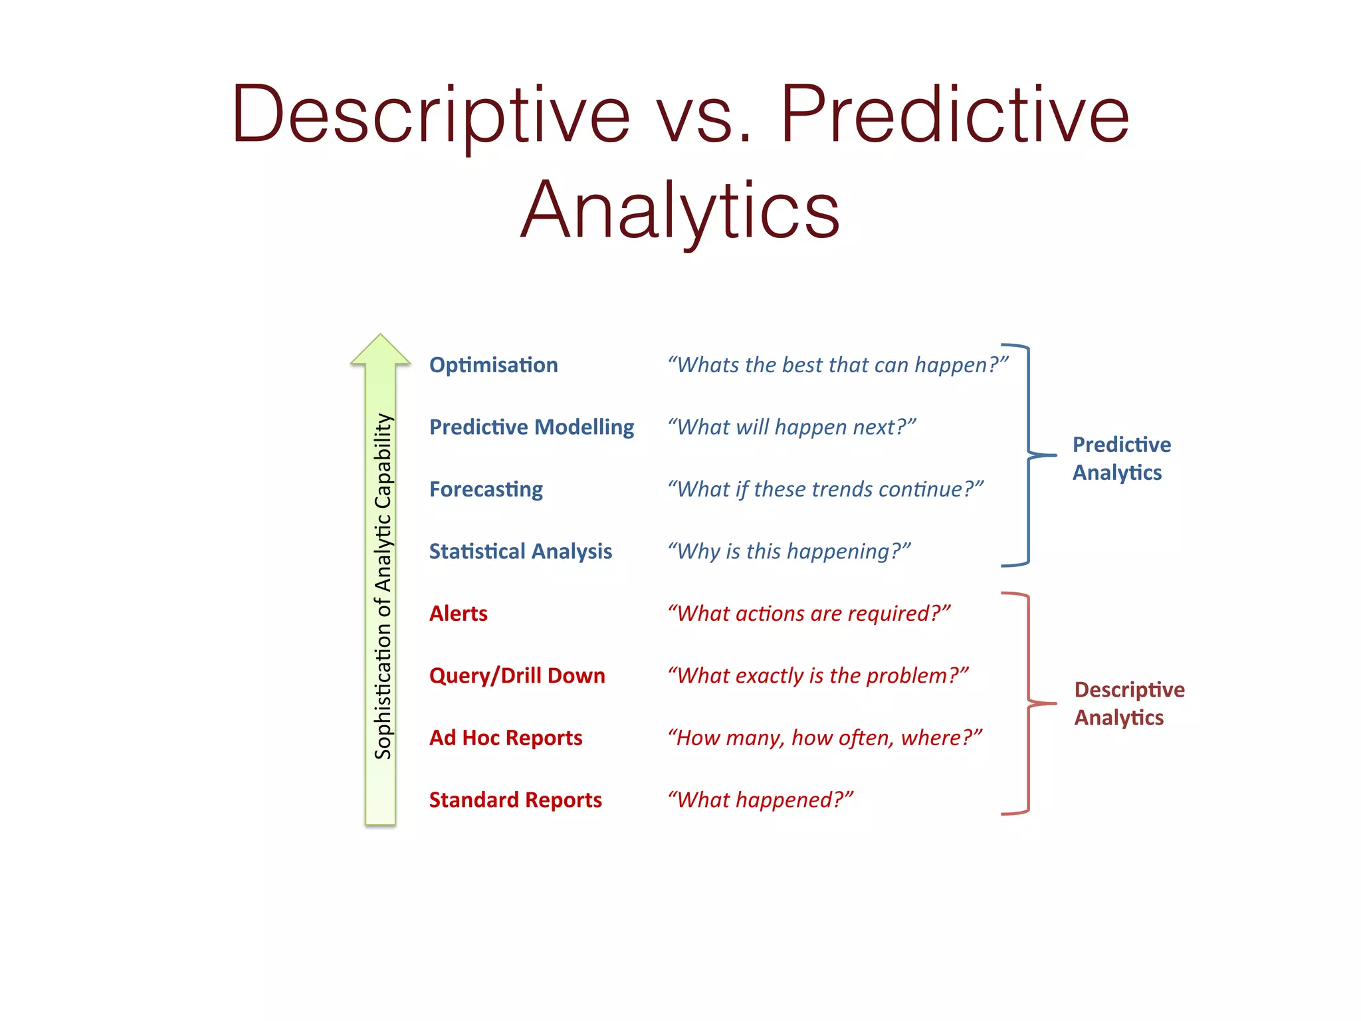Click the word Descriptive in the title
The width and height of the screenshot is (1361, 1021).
[x=431, y=114]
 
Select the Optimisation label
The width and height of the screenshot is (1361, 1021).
[x=493, y=365]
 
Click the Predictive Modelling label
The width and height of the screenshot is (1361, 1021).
[x=532, y=427]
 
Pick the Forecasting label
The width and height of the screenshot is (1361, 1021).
[x=486, y=489]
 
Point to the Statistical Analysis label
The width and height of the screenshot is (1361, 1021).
[x=520, y=551]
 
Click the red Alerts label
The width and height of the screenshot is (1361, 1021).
[x=459, y=613]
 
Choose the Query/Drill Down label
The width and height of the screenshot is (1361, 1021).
[x=517, y=675]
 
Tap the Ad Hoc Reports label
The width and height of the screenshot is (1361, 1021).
[x=506, y=737]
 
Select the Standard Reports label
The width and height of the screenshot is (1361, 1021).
[x=516, y=800]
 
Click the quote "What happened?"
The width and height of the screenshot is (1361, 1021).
[x=760, y=800]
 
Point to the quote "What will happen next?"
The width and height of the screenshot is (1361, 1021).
[x=791, y=427]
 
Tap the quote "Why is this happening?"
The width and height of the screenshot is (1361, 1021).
[x=789, y=551]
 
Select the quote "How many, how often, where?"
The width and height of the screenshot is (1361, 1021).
[x=825, y=737]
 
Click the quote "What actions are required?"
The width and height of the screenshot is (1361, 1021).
[x=809, y=613]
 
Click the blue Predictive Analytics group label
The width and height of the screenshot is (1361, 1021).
[x=1121, y=459]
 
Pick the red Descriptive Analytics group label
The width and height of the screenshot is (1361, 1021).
[x=1129, y=703]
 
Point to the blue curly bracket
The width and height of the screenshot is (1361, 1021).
[x=1029, y=455]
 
